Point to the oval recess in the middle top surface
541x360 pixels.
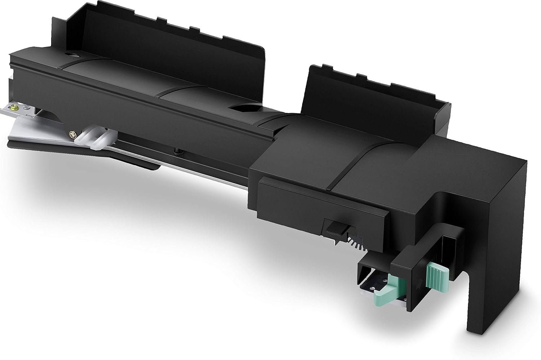coord(246,106)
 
